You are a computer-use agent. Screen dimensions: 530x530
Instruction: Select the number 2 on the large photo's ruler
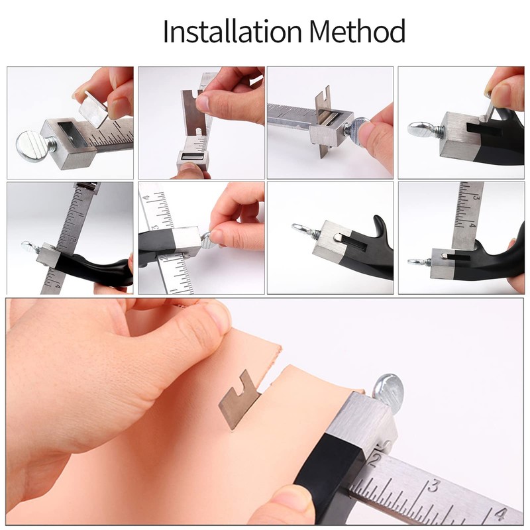(x=376, y=457)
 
